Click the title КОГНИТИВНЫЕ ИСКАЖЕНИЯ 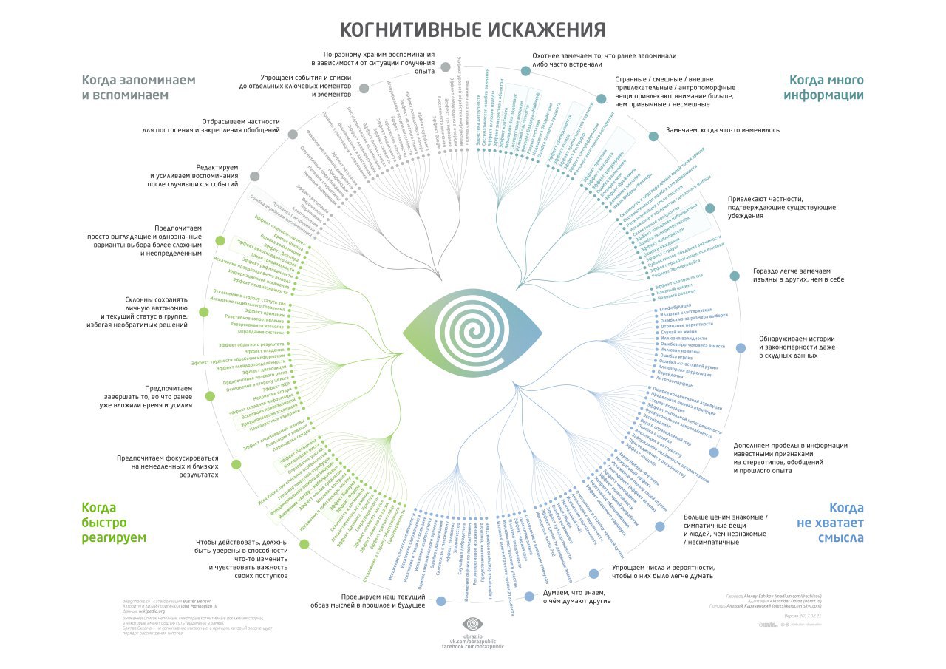coord(472,30)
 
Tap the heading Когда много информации coord(826,87)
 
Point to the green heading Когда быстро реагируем coord(114,522)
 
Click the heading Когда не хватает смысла coord(829,522)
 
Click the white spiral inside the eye coord(472,330)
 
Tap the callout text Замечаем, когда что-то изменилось coord(722,130)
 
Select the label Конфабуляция coord(675,304)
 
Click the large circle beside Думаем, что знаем coord(529,596)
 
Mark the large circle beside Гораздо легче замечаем coord(735,276)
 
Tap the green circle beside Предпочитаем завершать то coord(210,395)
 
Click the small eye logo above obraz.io coord(472,625)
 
